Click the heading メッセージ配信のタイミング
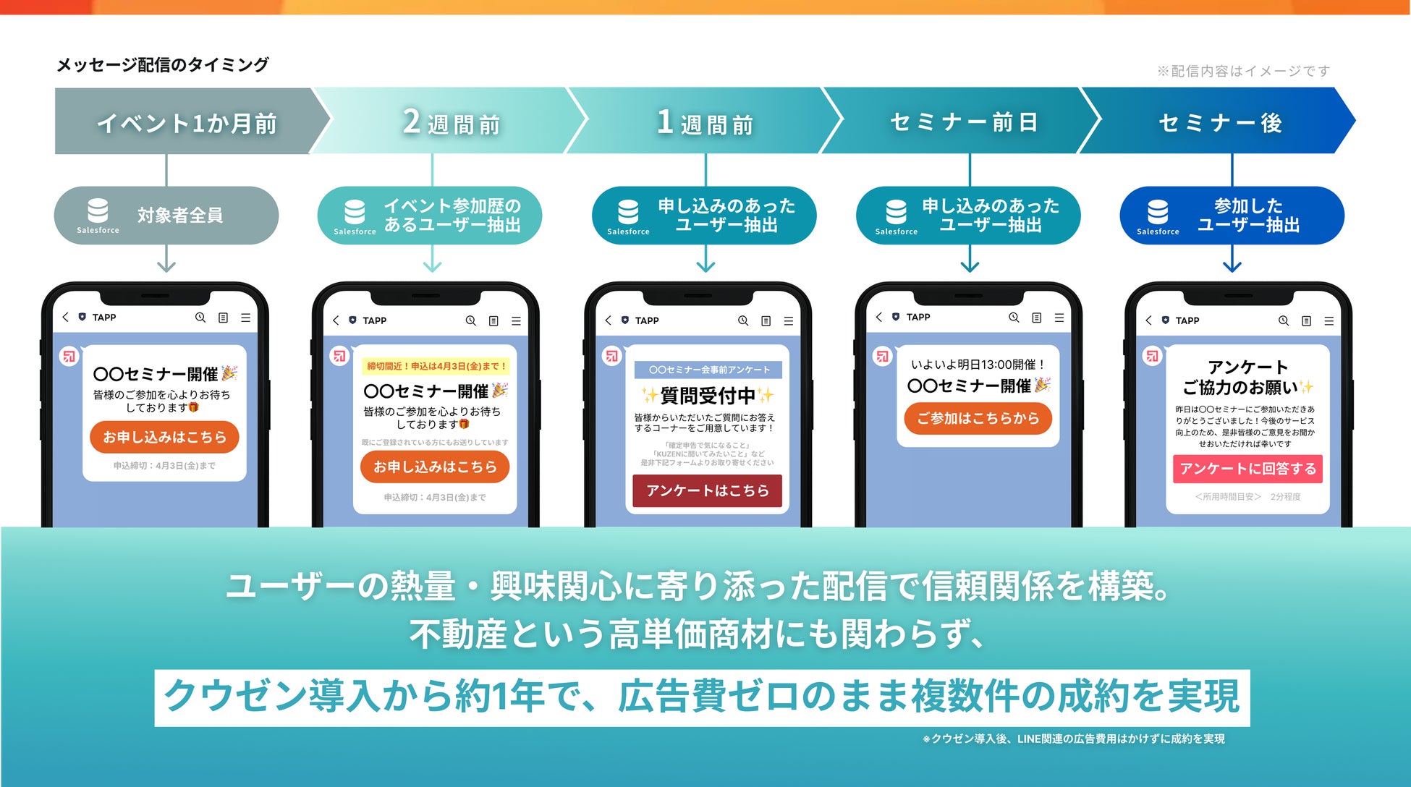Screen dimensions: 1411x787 [162, 65]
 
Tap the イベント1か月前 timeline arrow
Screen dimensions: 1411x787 [187, 122]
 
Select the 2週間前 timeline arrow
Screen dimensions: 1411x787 [450, 122]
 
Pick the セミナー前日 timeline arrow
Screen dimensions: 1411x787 [963, 122]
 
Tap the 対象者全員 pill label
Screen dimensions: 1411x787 [179, 215]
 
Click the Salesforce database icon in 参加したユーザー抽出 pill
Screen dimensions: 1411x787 [1157, 212]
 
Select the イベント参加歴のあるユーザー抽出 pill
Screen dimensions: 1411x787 [430, 216]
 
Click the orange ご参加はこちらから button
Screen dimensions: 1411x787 [978, 418]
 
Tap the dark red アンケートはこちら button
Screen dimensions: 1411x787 [707, 490]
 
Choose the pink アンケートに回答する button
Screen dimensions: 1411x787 [1247, 469]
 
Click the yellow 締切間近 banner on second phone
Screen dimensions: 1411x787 [436, 366]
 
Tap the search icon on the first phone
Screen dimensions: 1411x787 [200, 318]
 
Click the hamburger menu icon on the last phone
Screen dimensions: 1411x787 [1329, 320]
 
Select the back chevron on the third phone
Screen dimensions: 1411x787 [608, 320]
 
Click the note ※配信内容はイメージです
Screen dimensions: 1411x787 [1243, 71]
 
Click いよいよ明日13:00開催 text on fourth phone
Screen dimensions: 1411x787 [978, 365]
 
